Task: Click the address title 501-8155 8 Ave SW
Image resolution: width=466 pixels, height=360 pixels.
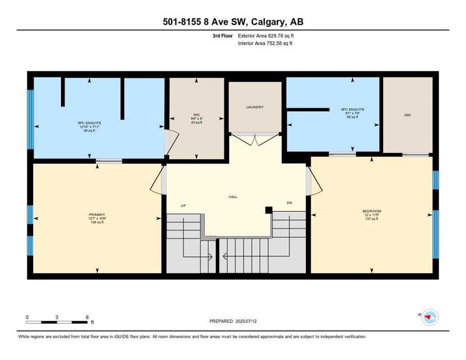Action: click(233, 22)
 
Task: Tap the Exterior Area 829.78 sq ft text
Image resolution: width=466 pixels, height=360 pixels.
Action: click(266, 36)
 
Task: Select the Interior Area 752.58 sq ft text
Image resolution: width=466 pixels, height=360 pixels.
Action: click(265, 44)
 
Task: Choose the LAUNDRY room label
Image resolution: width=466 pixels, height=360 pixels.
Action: click(255, 107)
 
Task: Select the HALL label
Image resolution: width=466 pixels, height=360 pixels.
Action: click(233, 197)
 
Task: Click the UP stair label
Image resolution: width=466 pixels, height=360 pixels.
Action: click(184, 205)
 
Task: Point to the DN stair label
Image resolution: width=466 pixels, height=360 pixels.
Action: click(289, 202)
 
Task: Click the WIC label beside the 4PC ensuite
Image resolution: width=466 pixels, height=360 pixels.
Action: click(407, 115)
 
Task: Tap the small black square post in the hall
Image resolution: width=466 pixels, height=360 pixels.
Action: click(269, 210)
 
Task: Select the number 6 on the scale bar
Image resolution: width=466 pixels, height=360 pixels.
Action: click(87, 317)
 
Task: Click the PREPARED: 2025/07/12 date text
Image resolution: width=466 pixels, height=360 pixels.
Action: click(233, 321)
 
